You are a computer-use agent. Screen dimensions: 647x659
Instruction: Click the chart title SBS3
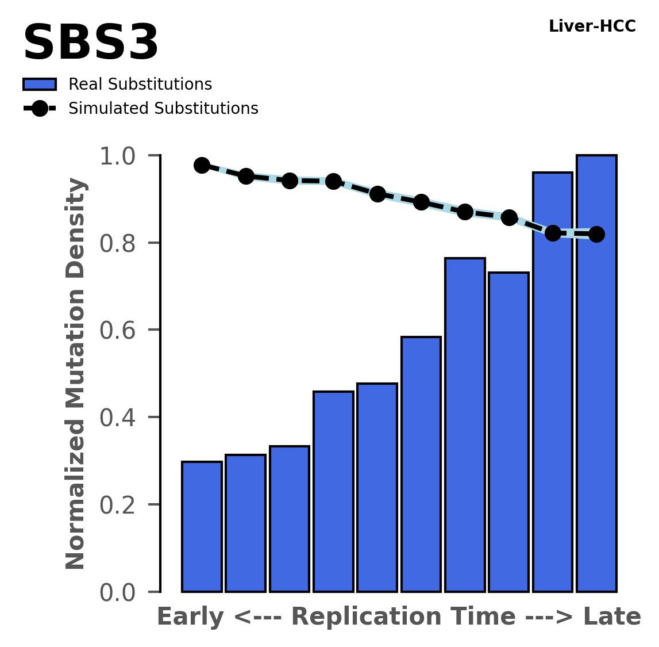coord(91,44)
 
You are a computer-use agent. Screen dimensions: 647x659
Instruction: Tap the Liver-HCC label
coord(592,26)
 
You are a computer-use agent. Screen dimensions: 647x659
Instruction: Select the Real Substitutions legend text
coord(140,85)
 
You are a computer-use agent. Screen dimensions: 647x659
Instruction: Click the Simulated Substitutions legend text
coord(163,109)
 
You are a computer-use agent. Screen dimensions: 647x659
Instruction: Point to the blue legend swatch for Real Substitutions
coord(40,85)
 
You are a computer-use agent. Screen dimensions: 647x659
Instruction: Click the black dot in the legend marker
coord(40,109)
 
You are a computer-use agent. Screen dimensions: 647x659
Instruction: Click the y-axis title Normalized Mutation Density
coord(76,374)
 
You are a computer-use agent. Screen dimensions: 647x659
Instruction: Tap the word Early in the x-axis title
coord(190,617)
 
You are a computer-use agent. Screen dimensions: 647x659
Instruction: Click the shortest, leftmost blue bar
coord(202,526)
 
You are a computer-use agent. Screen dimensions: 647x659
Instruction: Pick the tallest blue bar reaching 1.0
coord(596,374)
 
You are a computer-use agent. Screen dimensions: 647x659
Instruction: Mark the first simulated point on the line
coord(202,166)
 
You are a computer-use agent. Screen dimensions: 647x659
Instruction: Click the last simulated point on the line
coord(596,234)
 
